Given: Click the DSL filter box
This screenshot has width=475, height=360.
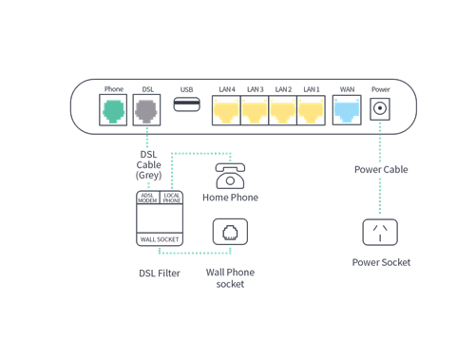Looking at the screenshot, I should [x=159, y=218].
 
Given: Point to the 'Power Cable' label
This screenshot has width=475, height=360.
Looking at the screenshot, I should [x=383, y=171].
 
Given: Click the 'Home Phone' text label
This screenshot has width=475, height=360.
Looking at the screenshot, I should [x=230, y=198].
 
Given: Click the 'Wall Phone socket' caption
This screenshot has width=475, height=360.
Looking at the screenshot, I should [x=230, y=277].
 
